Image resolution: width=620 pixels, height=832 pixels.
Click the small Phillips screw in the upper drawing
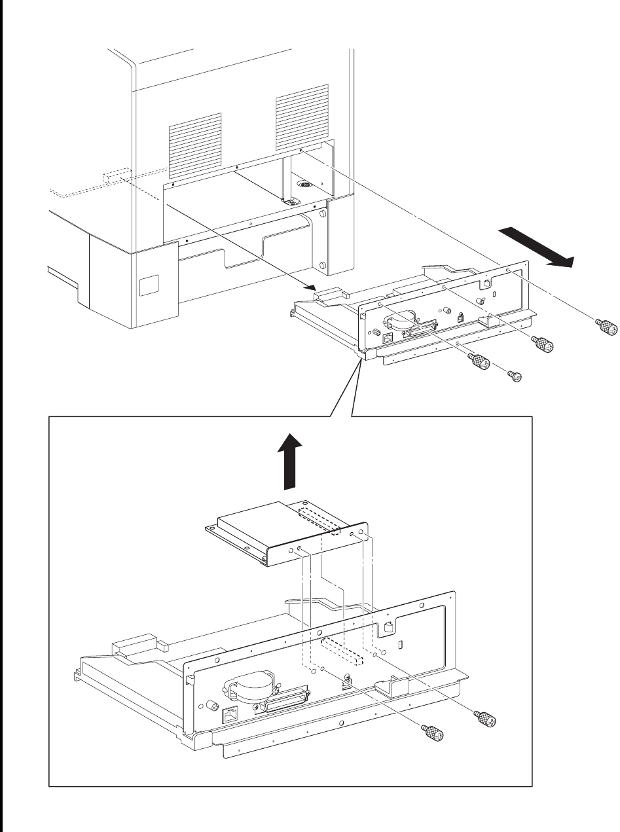click(515, 375)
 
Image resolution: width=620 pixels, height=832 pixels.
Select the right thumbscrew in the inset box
click(488, 718)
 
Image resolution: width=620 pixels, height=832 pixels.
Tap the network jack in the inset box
click(231, 715)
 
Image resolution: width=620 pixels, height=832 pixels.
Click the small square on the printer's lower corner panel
click(149, 285)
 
